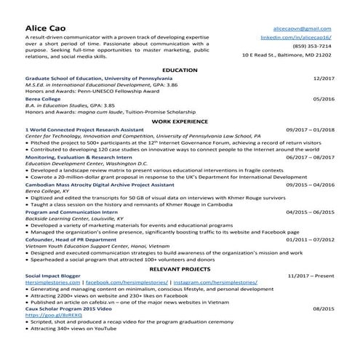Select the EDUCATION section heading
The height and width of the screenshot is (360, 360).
[x=180, y=70]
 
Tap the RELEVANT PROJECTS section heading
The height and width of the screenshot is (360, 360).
[x=180, y=269]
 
